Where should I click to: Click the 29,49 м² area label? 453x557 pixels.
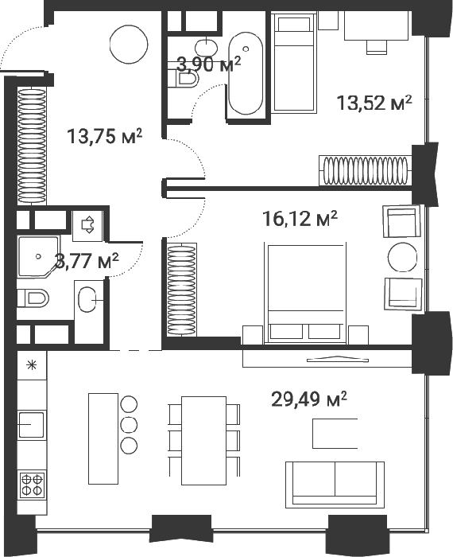coord(308,399)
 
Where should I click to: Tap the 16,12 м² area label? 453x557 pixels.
coord(300,219)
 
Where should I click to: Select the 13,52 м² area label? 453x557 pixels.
coord(374,103)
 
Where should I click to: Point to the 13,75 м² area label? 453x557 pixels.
coord(105,136)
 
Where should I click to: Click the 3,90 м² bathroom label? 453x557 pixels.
coord(209,64)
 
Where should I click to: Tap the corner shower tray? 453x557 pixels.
coord(39,256)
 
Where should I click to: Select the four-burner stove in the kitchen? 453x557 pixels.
coord(32,485)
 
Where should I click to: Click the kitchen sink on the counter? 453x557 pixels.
coord(31,424)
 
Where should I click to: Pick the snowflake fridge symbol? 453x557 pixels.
coord(32,365)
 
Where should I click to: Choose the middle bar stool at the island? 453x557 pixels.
coord(129,424)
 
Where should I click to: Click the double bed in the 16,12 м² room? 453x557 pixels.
coord(305,293)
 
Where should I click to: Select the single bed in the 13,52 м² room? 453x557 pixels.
coord(294,62)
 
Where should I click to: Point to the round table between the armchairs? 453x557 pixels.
coord(402,257)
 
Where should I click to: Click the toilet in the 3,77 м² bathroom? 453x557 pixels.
coord(33,298)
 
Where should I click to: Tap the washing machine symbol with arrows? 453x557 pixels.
coord(87,225)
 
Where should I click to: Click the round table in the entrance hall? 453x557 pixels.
coord(129,45)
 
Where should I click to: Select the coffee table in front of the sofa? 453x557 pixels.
coord(335,434)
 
